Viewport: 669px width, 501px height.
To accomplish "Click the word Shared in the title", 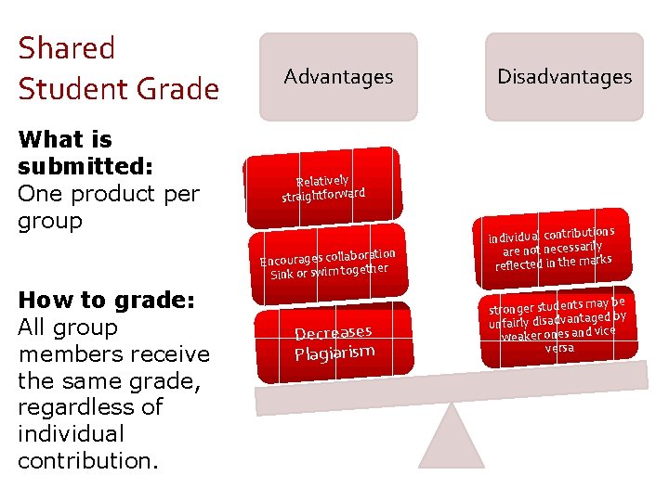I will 66,48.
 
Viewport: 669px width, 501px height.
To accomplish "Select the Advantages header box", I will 338,77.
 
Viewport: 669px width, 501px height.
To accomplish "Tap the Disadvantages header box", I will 564,77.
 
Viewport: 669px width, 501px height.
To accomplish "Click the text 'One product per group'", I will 108,207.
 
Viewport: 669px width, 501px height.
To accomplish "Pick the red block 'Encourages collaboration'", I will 328,261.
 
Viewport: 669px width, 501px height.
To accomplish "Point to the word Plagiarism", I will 334,353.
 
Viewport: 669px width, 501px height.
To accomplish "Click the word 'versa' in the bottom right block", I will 559,348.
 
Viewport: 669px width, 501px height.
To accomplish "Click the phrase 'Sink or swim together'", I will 328,271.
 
